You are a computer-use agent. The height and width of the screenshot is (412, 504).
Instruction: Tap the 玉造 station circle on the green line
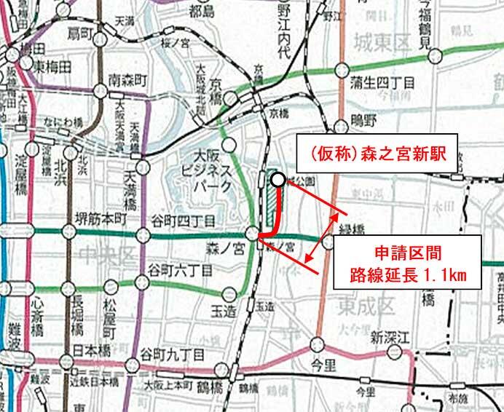pos(229,293)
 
